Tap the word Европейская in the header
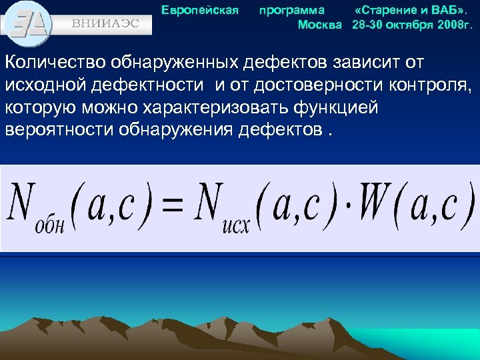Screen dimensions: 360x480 pyautogui.click(x=200, y=10)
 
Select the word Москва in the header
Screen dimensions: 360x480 pyautogui.click(x=319, y=25)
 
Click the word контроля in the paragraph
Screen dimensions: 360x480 pyautogui.click(x=421, y=86)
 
